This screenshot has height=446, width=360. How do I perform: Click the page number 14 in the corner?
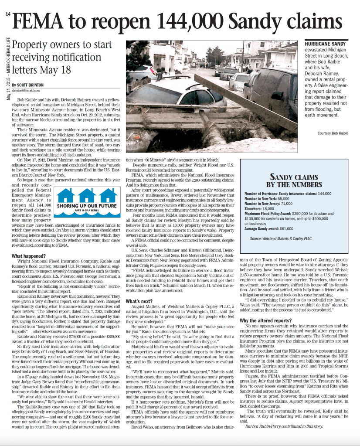click(7, 14)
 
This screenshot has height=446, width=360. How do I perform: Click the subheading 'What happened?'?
click(29, 256)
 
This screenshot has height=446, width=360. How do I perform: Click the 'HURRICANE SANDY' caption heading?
click(325, 44)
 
